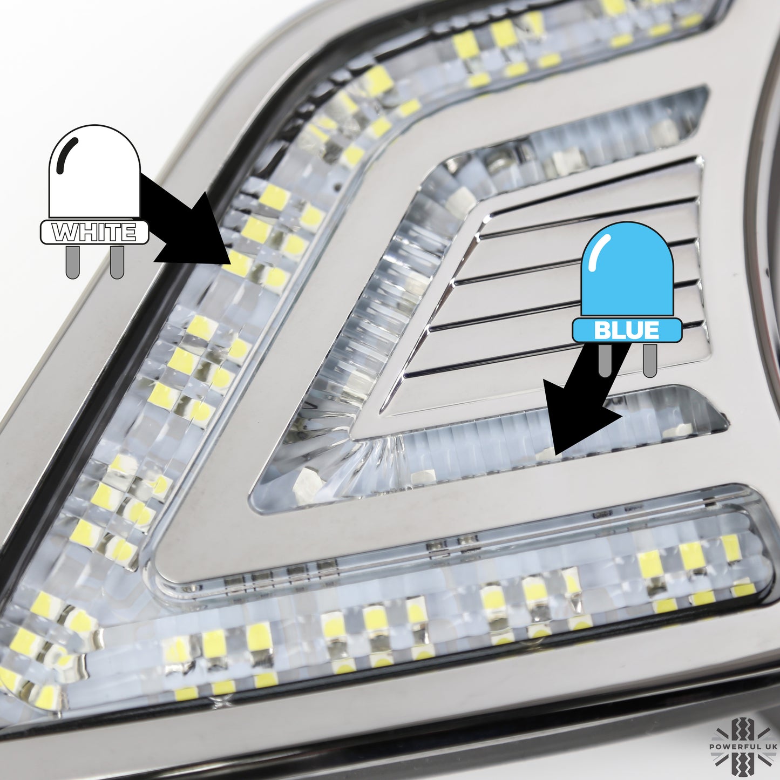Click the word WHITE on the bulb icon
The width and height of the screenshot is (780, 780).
94,233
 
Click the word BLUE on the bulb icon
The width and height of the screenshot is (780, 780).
626,330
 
